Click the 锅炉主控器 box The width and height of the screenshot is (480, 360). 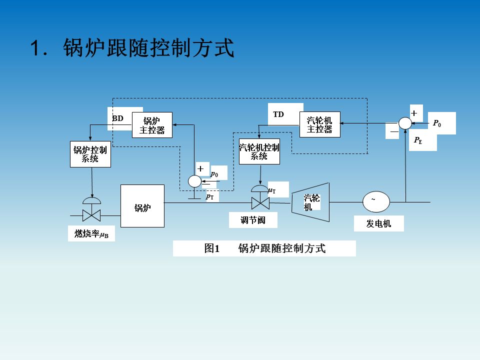click(x=152, y=125)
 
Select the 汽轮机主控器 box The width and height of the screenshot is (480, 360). click(x=320, y=124)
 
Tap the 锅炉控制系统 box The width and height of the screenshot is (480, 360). click(x=90, y=154)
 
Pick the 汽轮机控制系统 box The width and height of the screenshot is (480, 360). click(x=259, y=151)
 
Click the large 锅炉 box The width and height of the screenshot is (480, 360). click(x=142, y=206)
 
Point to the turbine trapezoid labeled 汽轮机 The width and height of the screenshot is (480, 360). click(x=311, y=202)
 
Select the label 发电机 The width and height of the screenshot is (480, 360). click(x=378, y=223)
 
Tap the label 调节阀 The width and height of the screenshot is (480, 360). click(x=253, y=220)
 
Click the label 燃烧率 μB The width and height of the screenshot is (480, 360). click(x=91, y=233)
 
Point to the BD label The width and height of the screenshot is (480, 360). click(x=118, y=118)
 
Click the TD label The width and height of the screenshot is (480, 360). click(x=278, y=114)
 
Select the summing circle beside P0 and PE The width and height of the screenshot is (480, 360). click(x=405, y=123)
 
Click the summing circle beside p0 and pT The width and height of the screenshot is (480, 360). click(x=194, y=180)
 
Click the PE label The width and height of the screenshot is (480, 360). click(x=418, y=141)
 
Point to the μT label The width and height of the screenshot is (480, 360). click(x=272, y=190)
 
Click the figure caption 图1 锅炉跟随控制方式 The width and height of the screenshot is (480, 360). click(x=264, y=248)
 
